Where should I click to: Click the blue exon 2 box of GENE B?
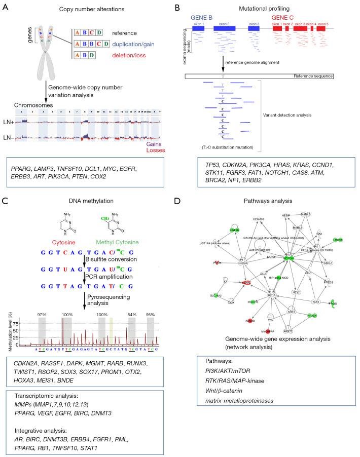coord(224,29)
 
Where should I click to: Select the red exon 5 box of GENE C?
coord(322,29)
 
